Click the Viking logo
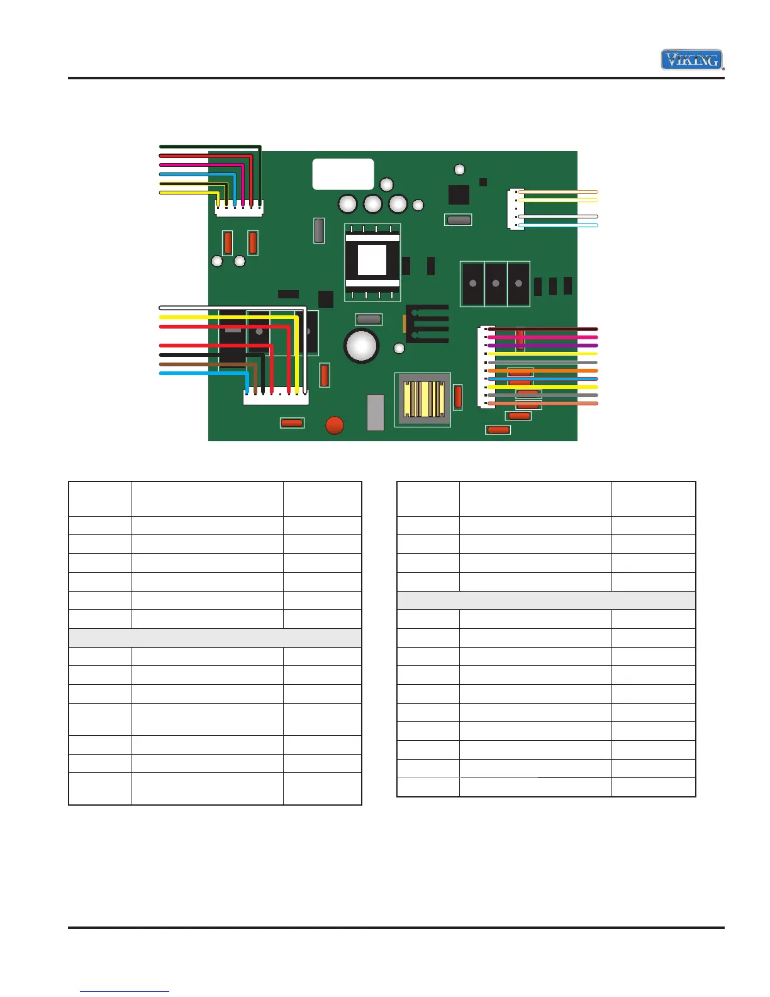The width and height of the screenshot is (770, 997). point(691,60)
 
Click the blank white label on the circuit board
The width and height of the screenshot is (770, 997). point(343,174)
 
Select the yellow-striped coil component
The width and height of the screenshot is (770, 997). point(423,400)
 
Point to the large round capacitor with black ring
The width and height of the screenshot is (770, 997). point(361,346)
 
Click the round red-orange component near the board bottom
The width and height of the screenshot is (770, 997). point(335,425)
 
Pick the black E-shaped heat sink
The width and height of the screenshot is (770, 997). point(428,324)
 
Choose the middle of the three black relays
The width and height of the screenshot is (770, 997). point(495,284)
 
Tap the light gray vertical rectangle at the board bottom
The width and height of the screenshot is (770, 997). point(375,412)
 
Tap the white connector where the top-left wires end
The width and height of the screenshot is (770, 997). point(239,208)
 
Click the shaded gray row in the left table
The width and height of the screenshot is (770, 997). point(215,638)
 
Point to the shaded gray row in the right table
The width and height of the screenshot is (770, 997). point(546,600)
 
